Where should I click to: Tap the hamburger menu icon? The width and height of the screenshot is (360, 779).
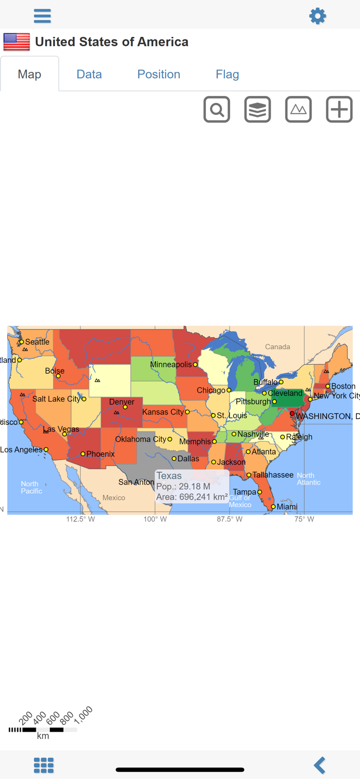click(42, 16)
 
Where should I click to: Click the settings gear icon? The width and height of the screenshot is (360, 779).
click(317, 16)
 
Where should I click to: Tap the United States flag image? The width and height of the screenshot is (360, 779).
click(17, 42)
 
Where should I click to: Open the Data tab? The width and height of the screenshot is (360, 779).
click(89, 74)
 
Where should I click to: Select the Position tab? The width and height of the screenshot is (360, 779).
click(158, 74)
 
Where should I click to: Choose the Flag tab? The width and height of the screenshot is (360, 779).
click(227, 74)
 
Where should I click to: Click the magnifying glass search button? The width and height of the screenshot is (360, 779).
click(217, 110)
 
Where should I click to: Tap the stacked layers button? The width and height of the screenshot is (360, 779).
click(258, 110)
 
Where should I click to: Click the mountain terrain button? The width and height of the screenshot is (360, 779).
click(298, 110)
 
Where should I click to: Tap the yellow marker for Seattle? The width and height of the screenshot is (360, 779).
click(21, 342)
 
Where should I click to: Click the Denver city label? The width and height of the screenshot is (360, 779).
click(122, 401)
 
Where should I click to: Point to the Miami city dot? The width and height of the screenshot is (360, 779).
click(273, 507)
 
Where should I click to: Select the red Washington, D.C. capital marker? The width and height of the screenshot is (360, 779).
click(292, 413)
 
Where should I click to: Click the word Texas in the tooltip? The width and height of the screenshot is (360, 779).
click(169, 476)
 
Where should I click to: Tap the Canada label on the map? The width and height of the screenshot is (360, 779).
click(277, 347)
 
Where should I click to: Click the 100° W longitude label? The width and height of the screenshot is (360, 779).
click(155, 519)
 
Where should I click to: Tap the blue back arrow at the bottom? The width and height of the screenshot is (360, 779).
click(319, 765)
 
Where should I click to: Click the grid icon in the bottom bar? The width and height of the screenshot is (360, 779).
click(44, 765)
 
